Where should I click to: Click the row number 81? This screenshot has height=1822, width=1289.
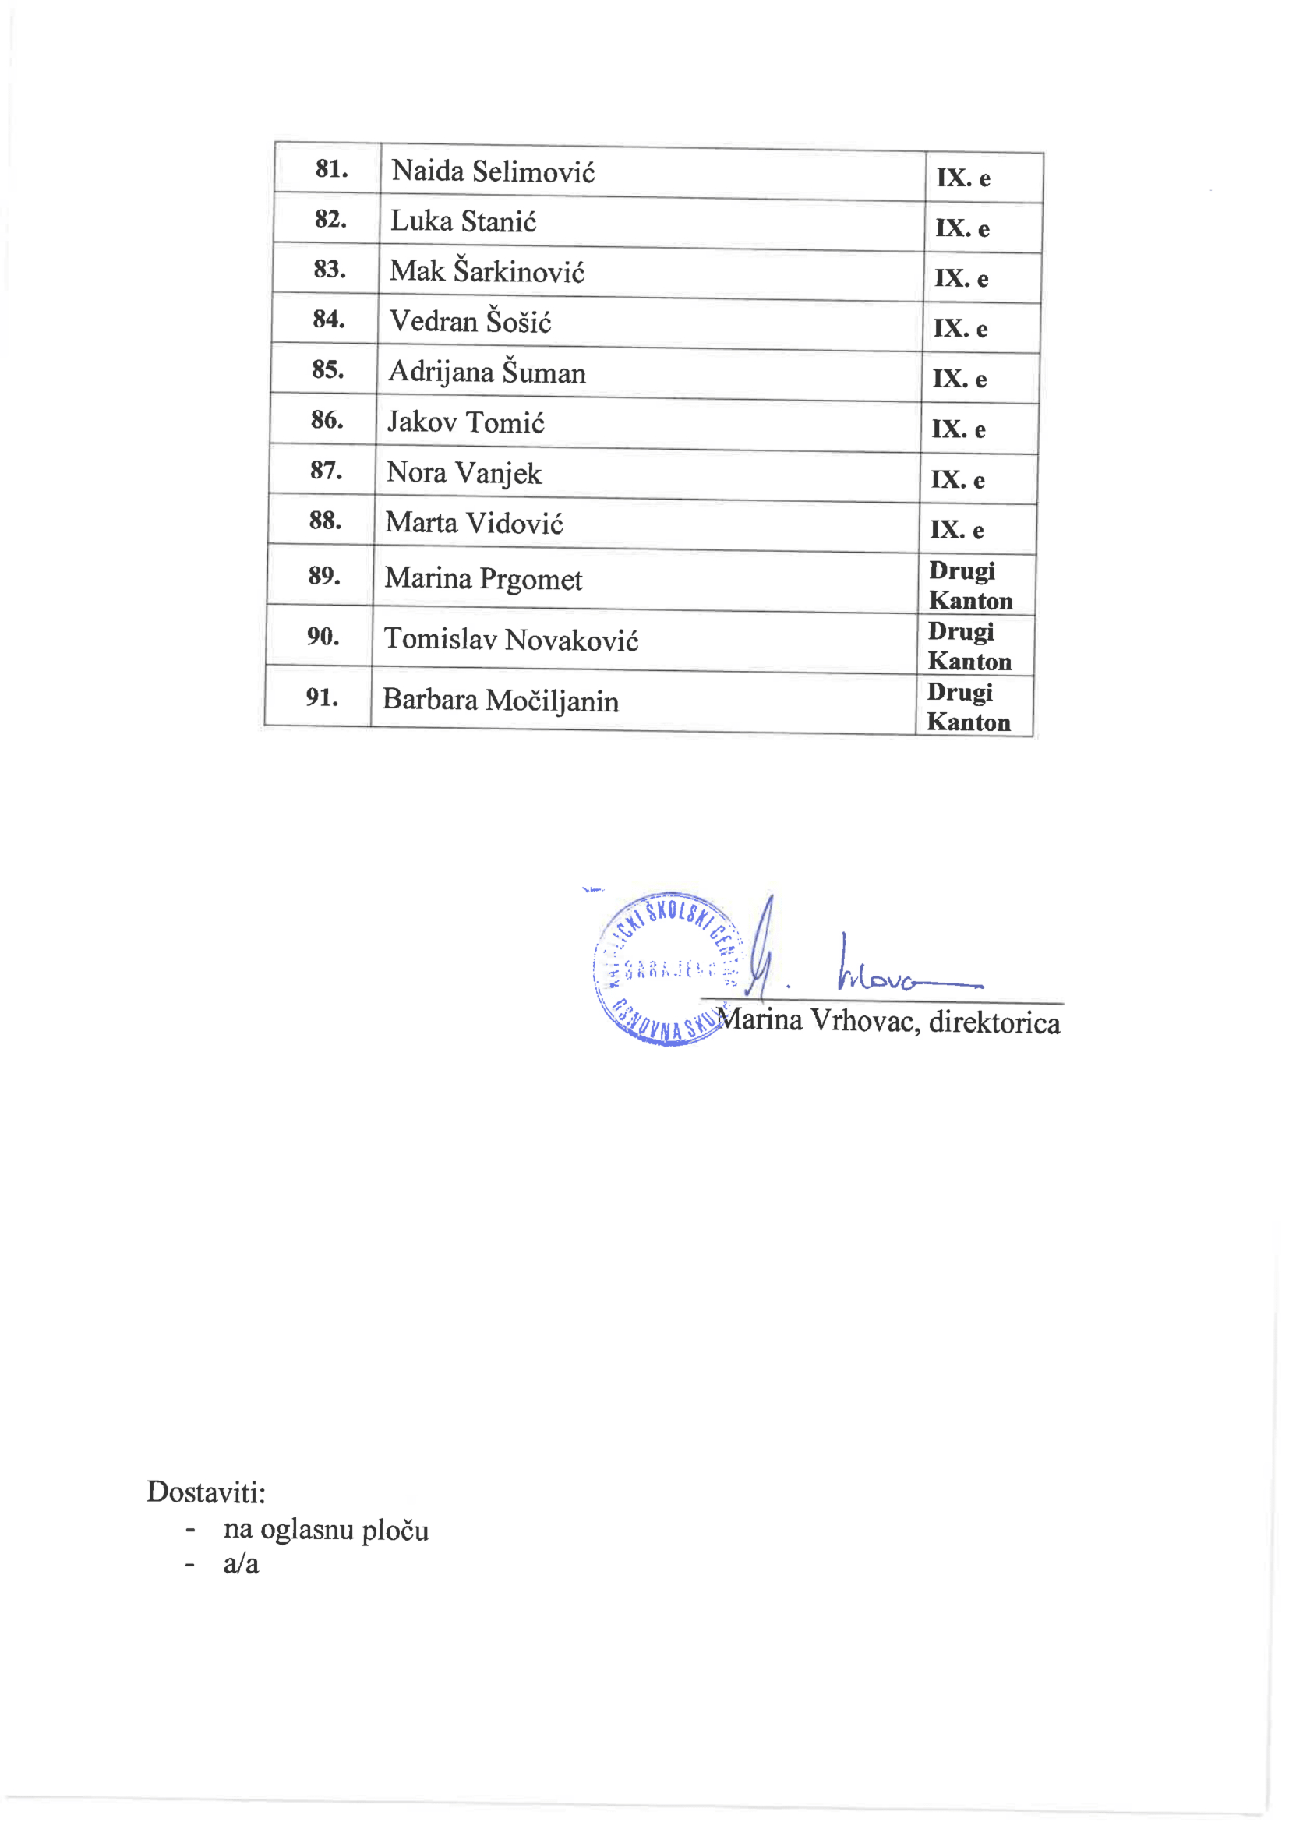[331, 169]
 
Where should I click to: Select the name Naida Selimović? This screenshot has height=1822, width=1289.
[493, 171]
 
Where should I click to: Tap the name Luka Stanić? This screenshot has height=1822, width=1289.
[463, 221]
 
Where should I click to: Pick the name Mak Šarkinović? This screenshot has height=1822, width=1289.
[486, 271]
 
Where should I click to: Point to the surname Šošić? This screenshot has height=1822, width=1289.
[518, 321]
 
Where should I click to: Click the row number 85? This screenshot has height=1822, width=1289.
[328, 370]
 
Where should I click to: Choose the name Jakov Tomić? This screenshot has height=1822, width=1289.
[465, 422]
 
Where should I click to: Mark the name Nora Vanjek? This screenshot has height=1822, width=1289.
[464, 473]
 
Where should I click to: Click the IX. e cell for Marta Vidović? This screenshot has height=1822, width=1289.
[956, 529]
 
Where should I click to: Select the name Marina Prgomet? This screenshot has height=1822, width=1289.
[482, 578]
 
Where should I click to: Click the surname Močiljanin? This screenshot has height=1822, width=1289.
[552, 701]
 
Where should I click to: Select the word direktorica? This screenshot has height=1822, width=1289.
[994, 1022]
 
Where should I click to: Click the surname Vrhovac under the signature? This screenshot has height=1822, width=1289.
[864, 1021]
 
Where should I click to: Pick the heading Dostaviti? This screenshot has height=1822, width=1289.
[206, 1492]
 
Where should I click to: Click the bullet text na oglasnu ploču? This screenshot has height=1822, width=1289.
[326, 1530]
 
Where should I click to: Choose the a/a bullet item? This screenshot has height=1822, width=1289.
[241, 1564]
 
